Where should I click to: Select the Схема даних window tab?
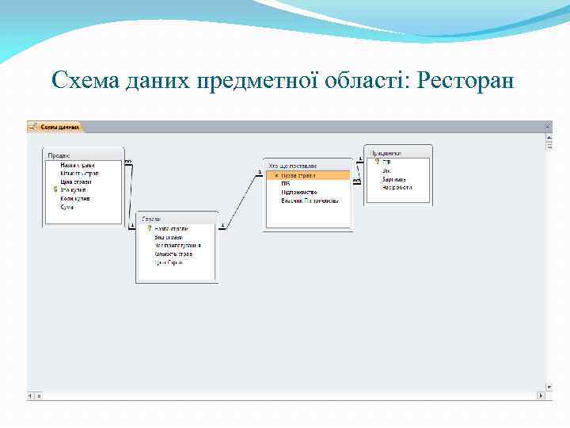[57, 127]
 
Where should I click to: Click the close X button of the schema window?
[546, 126]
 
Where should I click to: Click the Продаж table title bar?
[84, 155]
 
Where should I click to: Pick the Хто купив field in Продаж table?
[76, 190]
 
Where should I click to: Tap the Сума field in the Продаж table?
[67, 207]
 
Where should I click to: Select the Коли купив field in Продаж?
[76, 198]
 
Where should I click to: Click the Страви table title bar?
[176, 218]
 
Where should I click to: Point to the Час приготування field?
[177, 245]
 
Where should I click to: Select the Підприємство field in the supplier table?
[299, 192]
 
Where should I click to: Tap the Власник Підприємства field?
[310, 201]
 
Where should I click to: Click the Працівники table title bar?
[398, 152]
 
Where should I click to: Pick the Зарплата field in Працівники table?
[394, 179]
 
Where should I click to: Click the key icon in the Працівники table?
[378, 162]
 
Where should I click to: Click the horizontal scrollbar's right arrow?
[541, 395]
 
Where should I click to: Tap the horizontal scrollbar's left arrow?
[32, 395]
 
